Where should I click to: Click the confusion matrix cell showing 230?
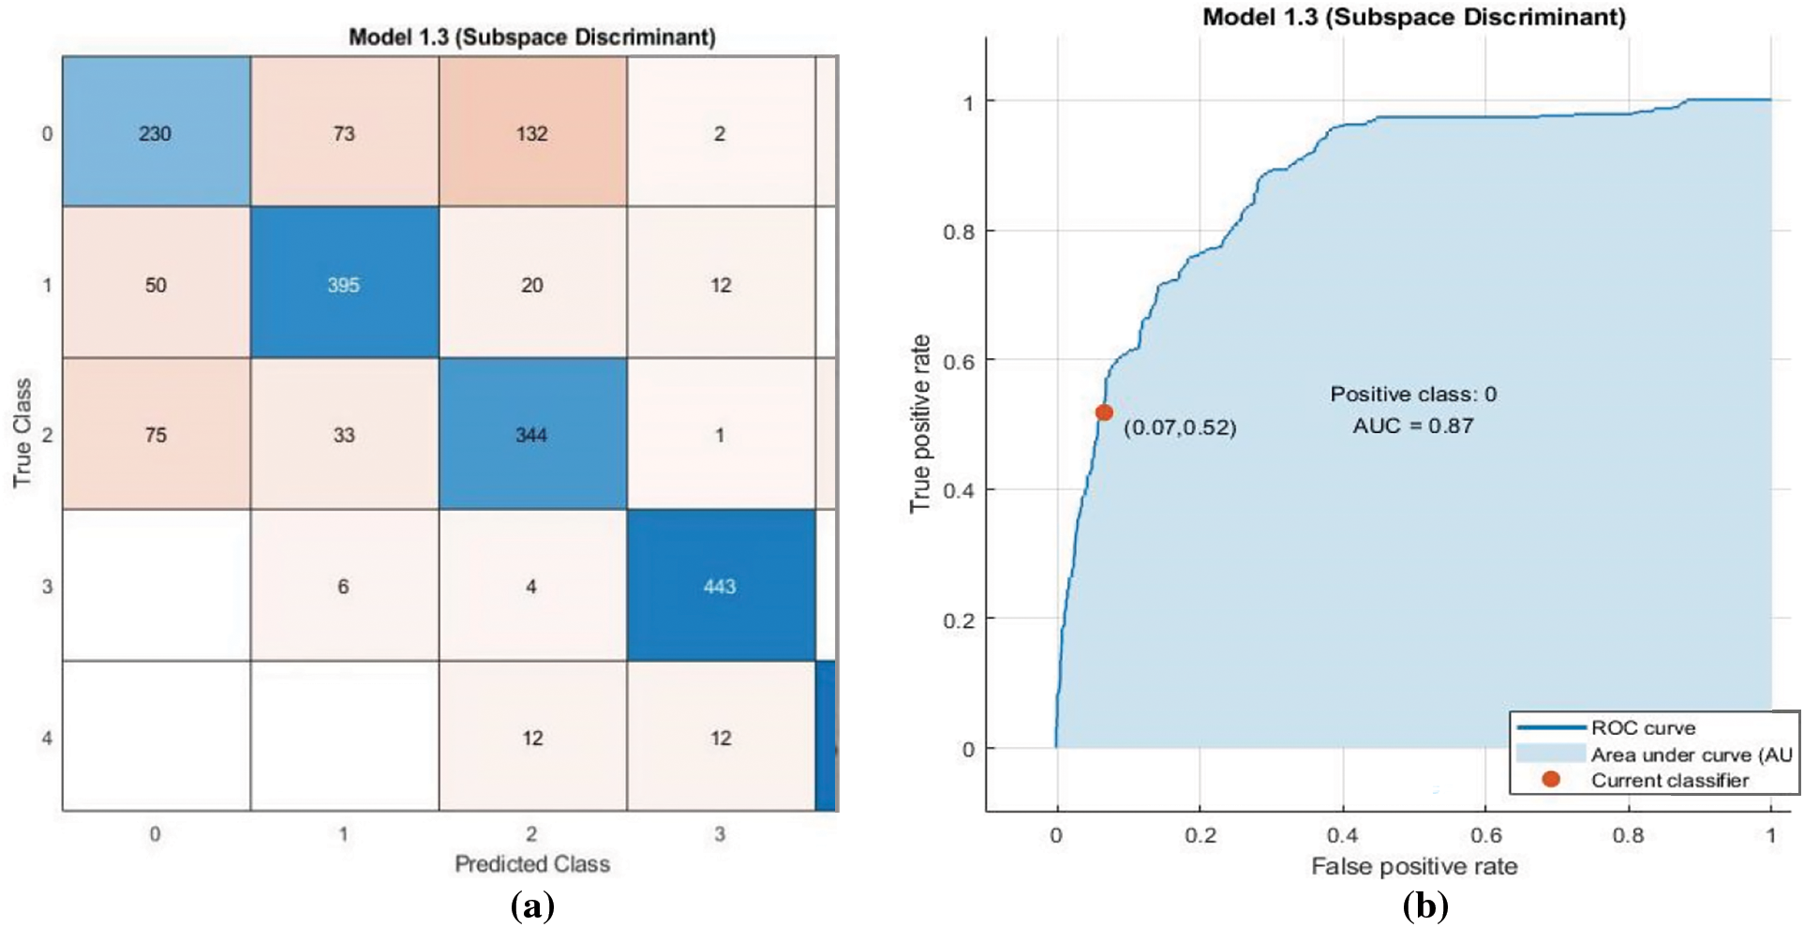point(156,133)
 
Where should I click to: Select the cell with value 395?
point(344,284)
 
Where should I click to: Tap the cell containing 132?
point(531,133)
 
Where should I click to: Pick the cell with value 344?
point(531,435)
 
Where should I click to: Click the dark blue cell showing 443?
point(720,587)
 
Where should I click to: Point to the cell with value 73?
point(344,133)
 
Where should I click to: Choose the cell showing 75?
point(156,435)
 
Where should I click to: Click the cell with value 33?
point(344,435)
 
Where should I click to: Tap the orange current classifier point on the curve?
point(1104,412)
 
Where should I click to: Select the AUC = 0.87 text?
point(1413,426)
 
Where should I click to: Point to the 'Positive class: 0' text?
point(1413,395)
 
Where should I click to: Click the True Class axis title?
point(22,433)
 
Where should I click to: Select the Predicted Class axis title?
point(532,863)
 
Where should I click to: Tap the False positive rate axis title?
point(1414,866)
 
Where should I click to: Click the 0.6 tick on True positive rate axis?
point(959,361)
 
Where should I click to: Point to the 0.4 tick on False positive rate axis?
point(1343,835)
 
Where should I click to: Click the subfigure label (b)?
point(1425,906)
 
